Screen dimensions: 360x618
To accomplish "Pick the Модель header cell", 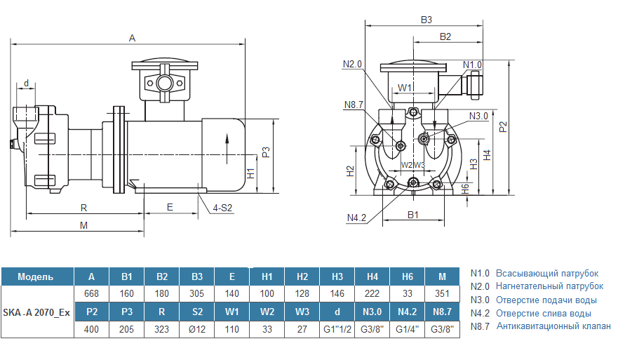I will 36,276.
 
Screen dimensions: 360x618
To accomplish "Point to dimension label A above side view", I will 132,38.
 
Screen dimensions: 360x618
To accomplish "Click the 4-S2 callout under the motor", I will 223,208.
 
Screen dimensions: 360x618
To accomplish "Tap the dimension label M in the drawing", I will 83,225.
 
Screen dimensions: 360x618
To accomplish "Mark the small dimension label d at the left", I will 27,84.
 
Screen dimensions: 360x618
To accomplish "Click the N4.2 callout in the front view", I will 356,218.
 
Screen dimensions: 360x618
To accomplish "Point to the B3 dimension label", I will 426,20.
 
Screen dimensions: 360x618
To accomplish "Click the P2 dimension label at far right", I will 502,126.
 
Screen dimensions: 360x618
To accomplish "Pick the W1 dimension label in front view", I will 405,88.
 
